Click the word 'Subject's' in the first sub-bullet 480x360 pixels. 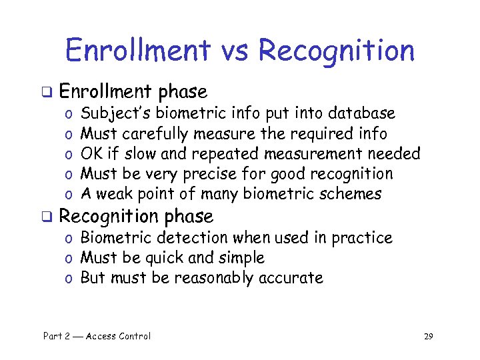click(x=111, y=114)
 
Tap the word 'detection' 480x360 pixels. click(x=183, y=238)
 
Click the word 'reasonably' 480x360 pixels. click(x=212, y=278)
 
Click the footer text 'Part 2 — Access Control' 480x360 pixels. click(x=97, y=336)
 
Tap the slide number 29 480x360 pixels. click(x=428, y=336)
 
